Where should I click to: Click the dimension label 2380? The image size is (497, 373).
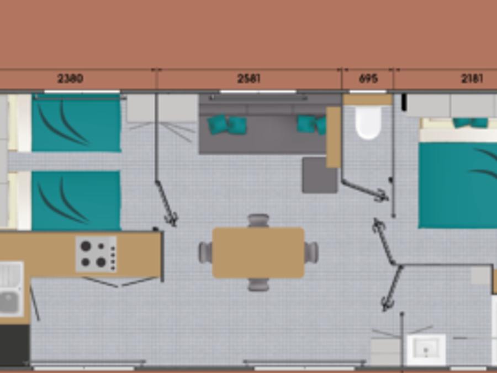[70, 78]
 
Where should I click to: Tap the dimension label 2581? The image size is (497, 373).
[249, 78]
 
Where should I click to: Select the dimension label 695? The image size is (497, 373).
[368, 78]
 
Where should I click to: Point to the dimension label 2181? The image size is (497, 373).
[472, 78]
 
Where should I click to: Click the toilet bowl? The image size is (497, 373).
[368, 123]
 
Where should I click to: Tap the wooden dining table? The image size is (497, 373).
[258, 253]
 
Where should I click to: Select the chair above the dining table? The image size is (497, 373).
[258, 220]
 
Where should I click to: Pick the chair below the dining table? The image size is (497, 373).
[258, 285]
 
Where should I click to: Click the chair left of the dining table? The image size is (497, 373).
[205, 252]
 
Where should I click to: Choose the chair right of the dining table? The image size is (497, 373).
[311, 252]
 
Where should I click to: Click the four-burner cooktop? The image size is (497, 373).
[96, 254]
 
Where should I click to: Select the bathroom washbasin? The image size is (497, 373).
[426, 349]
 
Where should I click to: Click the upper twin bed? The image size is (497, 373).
[76, 123]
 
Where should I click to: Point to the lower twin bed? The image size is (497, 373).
[76, 201]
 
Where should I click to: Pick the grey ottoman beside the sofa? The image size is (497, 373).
[320, 175]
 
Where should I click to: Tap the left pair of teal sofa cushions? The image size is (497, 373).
[227, 125]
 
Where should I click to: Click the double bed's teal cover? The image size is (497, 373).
[458, 185]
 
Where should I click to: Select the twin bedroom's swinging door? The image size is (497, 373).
[166, 203]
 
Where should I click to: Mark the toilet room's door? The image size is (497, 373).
[364, 190]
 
